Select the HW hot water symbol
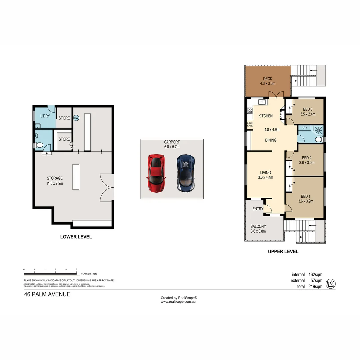(76, 118)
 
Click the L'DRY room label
(45, 116)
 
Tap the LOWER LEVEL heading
(76, 237)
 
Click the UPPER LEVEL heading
(283, 252)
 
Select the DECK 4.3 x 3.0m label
(267, 81)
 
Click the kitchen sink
(262, 102)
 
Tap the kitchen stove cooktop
(250, 111)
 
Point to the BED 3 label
(307, 112)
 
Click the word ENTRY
(258, 209)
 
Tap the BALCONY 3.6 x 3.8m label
(258, 229)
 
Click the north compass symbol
(331, 283)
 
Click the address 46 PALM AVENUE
(47, 294)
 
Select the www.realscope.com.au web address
(178, 302)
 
